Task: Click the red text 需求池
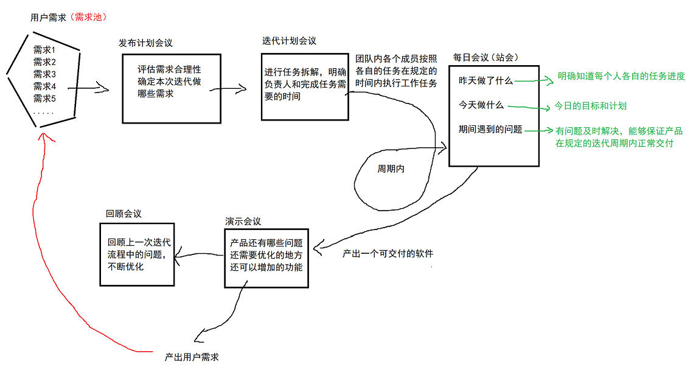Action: (88, 18)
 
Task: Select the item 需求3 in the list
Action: (44, 74)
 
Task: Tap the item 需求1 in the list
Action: (44, 50)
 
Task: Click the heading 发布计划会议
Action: (145, 43)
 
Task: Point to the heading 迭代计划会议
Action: (289, 41)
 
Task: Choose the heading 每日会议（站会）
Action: (485, 58)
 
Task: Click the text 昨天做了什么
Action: (485, 81)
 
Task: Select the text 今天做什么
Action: (481, 105)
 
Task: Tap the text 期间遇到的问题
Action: (490, 130)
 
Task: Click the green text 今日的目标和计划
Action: (590, 106)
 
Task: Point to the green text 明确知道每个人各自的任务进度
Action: (621, 77)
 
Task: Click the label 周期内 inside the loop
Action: (391, 169)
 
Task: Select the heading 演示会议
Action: (243, 222)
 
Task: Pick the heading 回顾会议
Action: (124, 214)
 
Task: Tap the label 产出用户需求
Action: (191, 356)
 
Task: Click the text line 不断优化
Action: (126, 266)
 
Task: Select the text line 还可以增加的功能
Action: (266, 268)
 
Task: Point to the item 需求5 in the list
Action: (44, 99)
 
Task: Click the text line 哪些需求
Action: (156, 94)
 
